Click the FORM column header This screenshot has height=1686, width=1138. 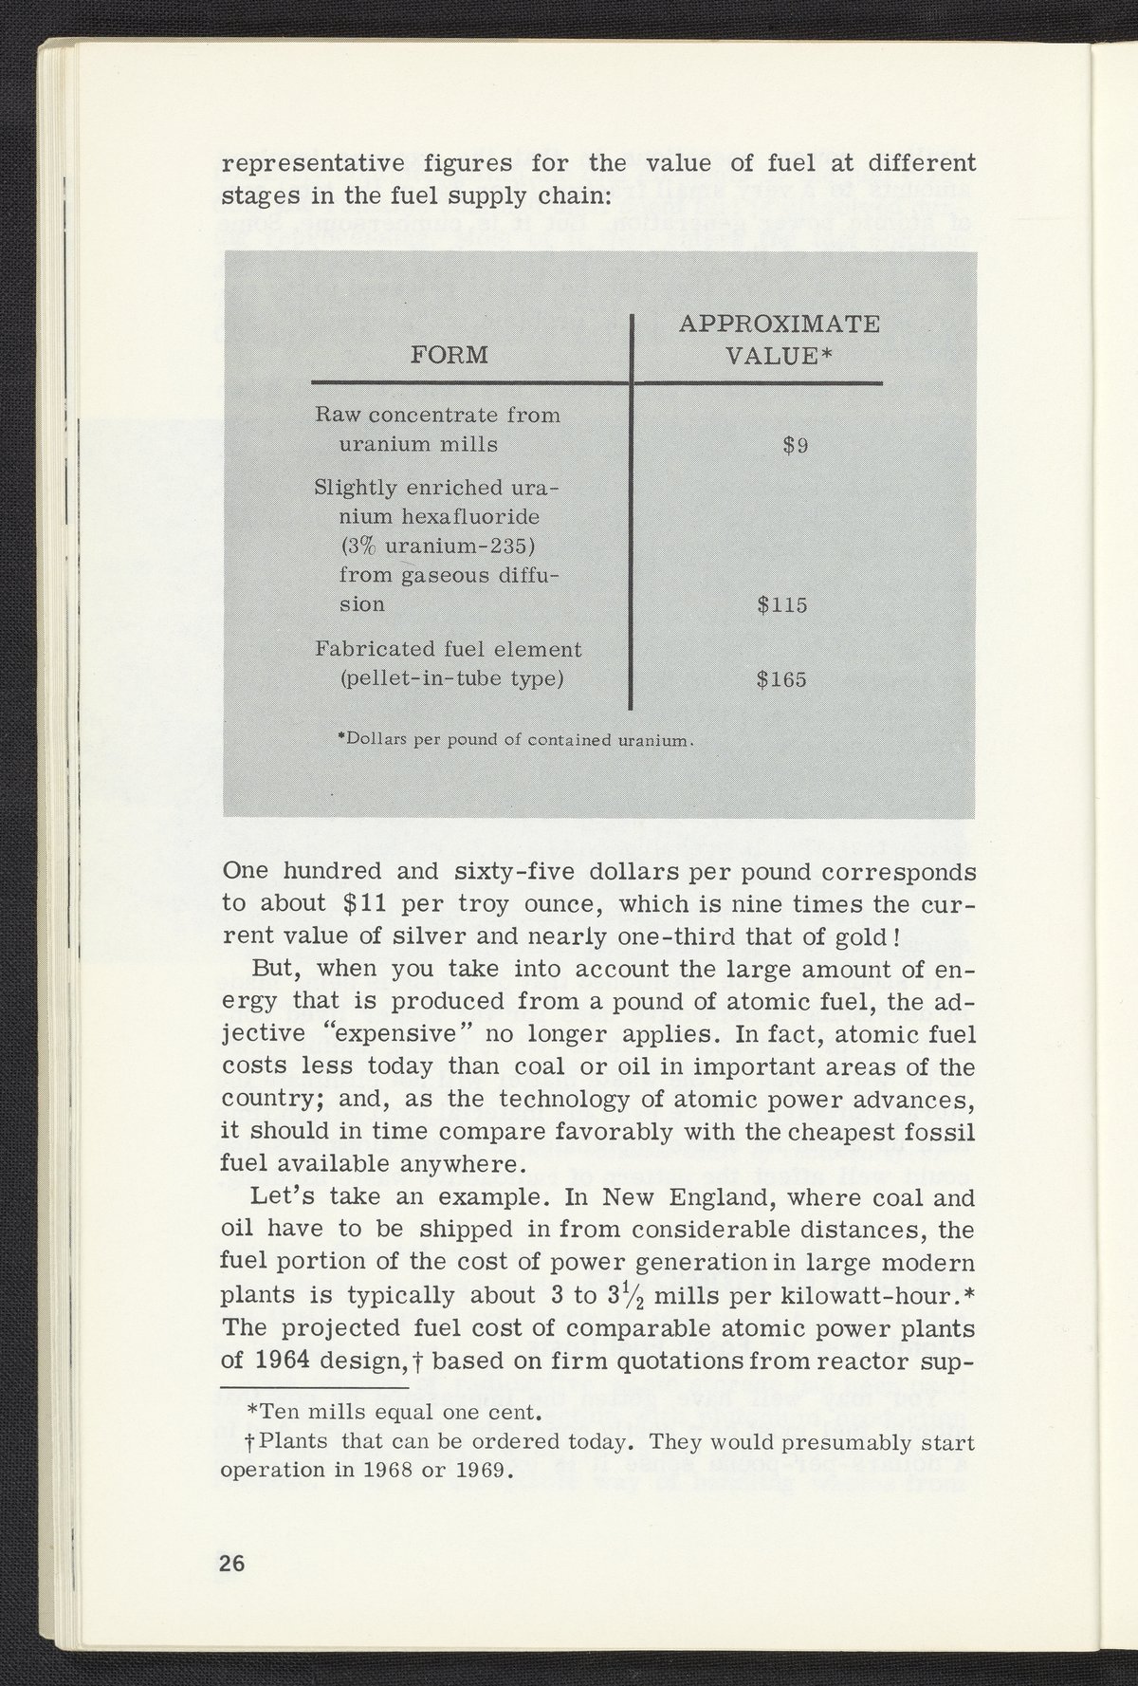pos(450,355)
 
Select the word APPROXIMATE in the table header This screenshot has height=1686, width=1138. pos(780,324)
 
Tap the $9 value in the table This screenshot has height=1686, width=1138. pos(796,444)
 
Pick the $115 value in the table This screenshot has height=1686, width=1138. pos(782,604)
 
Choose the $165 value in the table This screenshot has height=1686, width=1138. pos(782,679)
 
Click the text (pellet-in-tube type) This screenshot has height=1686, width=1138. pos(451,679)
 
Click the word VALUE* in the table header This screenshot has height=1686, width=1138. pos(780,356)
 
